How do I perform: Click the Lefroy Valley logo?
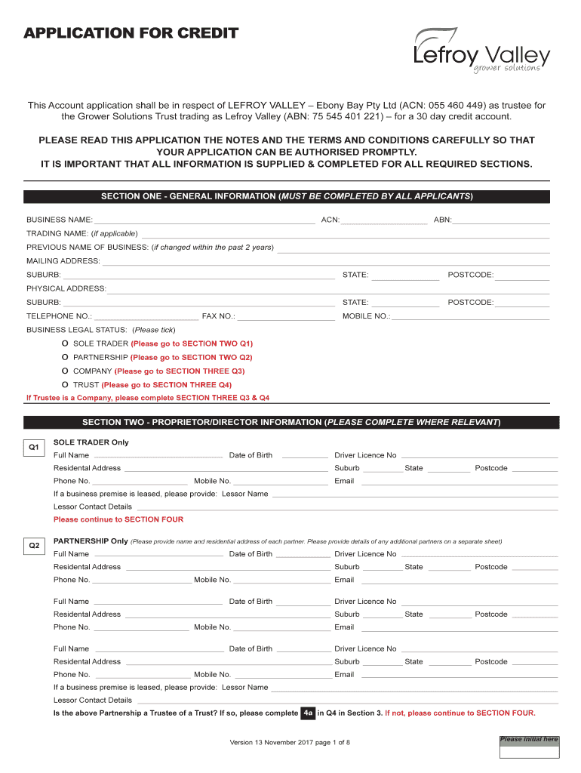click(x=481, y=51)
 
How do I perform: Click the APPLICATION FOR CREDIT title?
click(x=131, y=33)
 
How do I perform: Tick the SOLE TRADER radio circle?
click(x=66, y=343)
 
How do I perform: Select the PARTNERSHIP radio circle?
click(x=66, y=357)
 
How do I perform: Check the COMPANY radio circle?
click(x=66, y=371)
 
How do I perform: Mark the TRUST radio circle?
click(x=66, y=384)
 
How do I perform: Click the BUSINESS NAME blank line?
click(x=204, y=222)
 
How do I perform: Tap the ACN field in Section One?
click(x=384, y=222)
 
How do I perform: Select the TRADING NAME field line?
click(x=346, y=236)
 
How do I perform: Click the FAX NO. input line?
click(x=286, y=319)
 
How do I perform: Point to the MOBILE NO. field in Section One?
click(x=470, y=319)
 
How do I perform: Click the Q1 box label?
click(x=34, y=448)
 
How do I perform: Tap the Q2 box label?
click(x=34, y=545)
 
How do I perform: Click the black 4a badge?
click(x=307, y=713)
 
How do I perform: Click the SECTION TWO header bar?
click(x=290, y=422)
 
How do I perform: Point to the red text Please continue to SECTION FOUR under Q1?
click(x=118, y=519)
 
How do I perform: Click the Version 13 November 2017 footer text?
click(x=290, y=742)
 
